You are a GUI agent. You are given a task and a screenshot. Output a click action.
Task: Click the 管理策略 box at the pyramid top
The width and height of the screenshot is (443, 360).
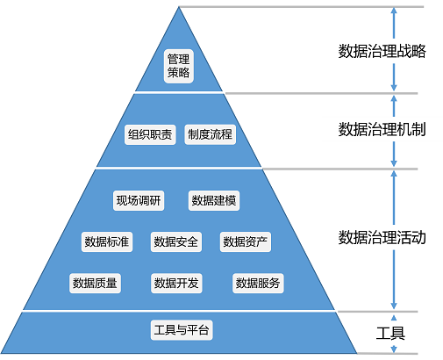point(179,66)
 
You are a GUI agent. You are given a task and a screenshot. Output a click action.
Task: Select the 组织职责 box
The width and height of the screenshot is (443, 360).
point(151,134)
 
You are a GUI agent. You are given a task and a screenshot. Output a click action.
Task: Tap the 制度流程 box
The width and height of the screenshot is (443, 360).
point(211,134)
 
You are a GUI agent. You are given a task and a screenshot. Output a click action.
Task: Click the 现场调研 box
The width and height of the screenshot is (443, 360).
point(138,200)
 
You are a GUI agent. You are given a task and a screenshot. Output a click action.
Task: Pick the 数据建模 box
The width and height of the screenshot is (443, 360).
point(213,200)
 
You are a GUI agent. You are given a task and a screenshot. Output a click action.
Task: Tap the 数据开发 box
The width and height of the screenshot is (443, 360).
point(176,282)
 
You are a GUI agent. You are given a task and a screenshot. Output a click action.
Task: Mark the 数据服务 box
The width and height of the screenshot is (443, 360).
point(258,282)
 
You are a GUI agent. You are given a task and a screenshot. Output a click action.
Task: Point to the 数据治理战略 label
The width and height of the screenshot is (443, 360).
point(382,51)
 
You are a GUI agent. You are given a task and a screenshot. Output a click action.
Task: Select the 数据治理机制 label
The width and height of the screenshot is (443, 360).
point(382,129)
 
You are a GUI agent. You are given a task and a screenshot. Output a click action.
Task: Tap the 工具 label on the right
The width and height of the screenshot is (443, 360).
point(390,334)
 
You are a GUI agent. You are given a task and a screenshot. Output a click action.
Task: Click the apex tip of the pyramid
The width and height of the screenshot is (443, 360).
point(180,8)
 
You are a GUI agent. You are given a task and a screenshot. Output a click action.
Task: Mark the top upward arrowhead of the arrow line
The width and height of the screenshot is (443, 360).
point(394,11)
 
